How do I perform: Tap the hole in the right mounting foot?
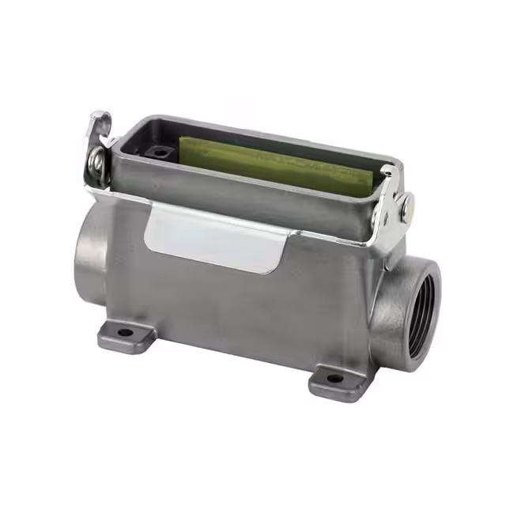pos(334,378)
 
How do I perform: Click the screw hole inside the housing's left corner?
pos(160,151)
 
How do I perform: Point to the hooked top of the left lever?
pos(100,120)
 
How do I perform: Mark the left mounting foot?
pos(126,336)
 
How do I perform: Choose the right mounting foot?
pos(336,382)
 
